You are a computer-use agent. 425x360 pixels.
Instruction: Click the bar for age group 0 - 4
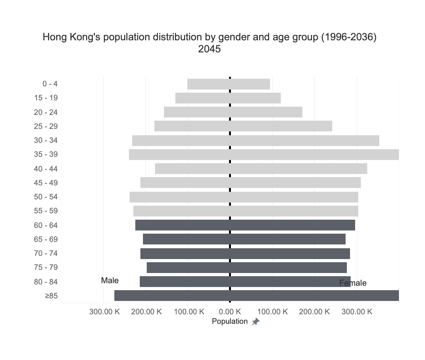pos(229,84)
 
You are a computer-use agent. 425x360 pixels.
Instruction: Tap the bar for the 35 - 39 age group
pos(264,155)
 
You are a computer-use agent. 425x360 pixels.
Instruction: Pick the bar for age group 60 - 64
pos(245,225)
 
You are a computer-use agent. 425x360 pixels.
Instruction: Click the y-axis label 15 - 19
pos(46,98)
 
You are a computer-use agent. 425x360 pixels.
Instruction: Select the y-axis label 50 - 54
pos(46,197)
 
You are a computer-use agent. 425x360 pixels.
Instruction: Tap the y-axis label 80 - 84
pos(46,282)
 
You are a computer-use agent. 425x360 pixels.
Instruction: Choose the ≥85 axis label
pos(51,296)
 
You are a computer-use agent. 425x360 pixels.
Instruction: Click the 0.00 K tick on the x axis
pos(230,311)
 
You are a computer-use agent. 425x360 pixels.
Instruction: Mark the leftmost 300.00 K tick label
pos(104,311)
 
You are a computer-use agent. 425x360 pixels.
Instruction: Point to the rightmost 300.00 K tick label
pos(357,311)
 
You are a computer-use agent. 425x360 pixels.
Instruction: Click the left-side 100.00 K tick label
pos(189,311)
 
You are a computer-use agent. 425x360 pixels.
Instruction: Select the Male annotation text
pos(110,281)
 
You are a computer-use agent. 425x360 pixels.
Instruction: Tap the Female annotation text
pos(353,283)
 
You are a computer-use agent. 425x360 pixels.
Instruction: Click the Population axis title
pos(229,321)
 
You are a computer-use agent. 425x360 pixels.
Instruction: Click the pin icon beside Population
pos(256,322)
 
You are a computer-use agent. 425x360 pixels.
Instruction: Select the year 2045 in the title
pos(209,49)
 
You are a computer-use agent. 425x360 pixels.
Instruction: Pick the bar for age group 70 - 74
pos(245,253)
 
